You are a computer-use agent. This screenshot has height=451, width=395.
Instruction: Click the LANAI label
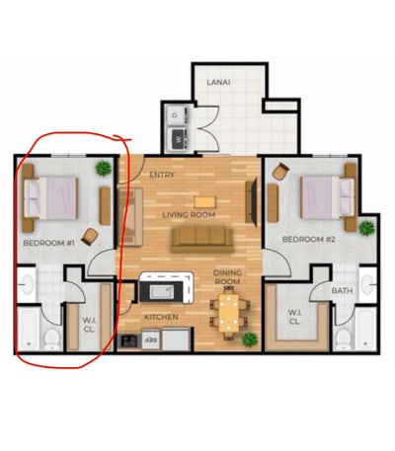pos(218,82)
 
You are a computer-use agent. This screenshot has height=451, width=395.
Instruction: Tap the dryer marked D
pos(176,115)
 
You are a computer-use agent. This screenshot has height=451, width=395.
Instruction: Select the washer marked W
pos(178,139)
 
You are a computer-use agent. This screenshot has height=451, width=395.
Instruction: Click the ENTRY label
pos(162,175)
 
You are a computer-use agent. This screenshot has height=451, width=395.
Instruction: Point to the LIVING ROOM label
pos(189,215)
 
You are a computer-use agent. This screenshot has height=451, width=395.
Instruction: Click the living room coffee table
pos(205,202)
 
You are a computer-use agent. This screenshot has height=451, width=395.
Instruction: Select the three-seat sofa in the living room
pos(201,240)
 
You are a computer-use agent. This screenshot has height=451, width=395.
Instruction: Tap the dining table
pos(229,313)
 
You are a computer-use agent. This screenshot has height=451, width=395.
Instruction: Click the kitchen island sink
pos(162,291)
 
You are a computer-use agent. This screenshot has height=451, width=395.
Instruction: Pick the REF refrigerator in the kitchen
pos(151,339)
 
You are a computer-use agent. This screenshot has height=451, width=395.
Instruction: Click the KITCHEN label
pos(161,317)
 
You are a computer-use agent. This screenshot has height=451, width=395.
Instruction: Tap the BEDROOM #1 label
pos(49,244)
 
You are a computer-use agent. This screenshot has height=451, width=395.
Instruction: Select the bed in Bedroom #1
pos(50,197)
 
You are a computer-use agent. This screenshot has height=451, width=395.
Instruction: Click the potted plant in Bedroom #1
pos(104,169)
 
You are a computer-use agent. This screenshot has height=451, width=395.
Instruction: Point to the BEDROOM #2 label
pos(309,240)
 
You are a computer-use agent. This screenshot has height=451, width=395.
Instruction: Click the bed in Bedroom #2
pos(328,197)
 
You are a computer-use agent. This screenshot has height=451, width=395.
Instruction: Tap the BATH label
pos(342,291)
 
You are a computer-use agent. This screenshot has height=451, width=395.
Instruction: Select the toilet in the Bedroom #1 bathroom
pos(51,339)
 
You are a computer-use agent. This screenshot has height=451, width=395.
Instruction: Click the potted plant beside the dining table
pos(250,339)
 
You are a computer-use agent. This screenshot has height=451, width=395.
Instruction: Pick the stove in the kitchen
pos(129,340)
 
